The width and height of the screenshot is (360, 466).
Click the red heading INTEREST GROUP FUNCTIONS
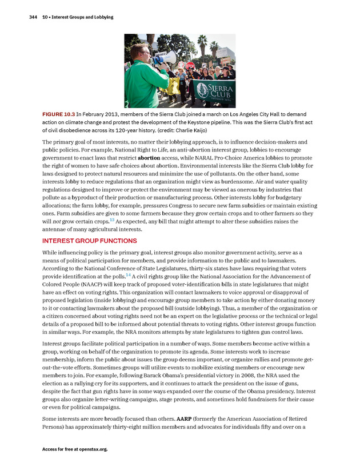coord(90,241)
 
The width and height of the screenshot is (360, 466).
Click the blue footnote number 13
coord(112,220)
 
